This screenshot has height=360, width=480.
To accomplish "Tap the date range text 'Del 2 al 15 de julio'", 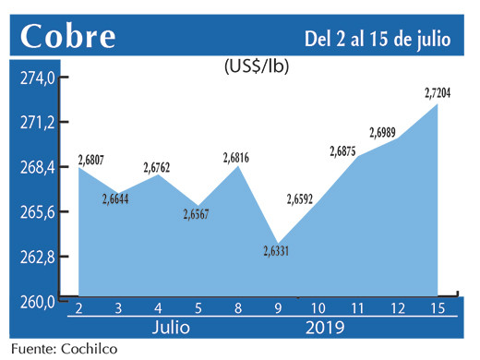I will pos(377,38).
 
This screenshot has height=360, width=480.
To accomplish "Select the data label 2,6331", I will pos(280,249).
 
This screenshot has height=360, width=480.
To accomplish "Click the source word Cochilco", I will pos(87,350).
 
